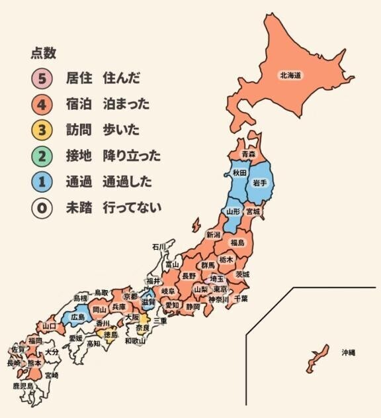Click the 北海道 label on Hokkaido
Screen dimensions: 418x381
pos(290,76)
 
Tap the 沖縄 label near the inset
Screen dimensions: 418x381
pos(348,353)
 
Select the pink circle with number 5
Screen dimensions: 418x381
pos(41,78)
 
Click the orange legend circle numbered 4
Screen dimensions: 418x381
pos(41,104)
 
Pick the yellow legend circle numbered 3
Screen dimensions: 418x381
pos(41,130)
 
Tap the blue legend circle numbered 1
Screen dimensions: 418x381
pos(41,182)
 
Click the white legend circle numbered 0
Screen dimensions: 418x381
pos(41,207)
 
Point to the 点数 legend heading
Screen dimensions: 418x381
pos(43,54)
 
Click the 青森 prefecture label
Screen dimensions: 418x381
pos(248,154)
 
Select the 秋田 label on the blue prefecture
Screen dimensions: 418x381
pos(239,173)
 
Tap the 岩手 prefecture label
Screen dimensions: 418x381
pos(259,182)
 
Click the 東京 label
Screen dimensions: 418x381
pos(220,289)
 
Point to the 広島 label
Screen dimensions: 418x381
pos(77,317)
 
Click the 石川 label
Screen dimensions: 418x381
pos(159,247)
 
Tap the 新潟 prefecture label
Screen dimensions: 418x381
pos(213,235)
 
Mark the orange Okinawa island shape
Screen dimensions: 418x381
pos(317,358)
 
